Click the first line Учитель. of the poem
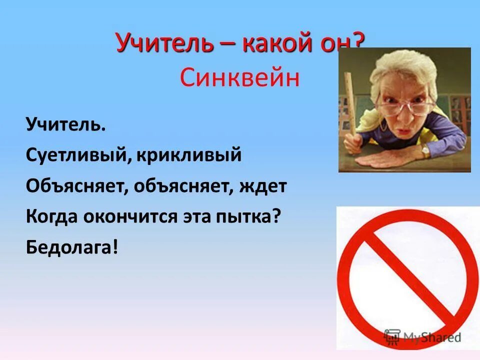(66, 124)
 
